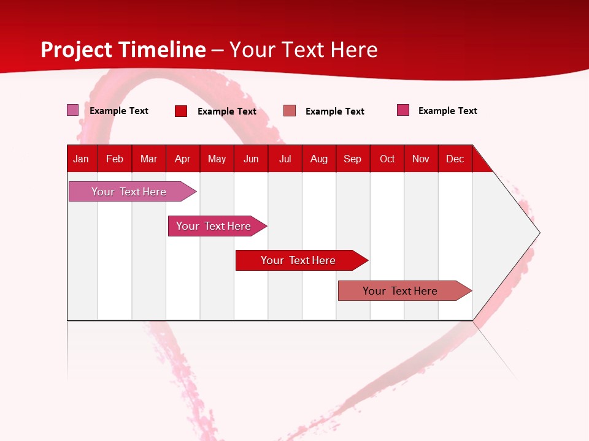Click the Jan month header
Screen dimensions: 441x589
tap(82, 159)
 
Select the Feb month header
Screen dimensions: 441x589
tap(115, 159)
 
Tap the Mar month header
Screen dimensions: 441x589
tap(148, 159)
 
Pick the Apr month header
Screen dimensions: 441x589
tap(183, 159)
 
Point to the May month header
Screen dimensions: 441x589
tap(217, 159)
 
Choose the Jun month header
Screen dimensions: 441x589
tap(251, 159)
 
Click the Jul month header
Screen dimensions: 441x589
tap(285, 159)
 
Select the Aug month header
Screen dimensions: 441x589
tap(319, 159)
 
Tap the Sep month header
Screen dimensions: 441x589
tap(353, 159)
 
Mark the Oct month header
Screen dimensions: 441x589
tap(387, 159)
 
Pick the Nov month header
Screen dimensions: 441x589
tap(421, 159)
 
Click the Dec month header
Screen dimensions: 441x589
tap(455, 159)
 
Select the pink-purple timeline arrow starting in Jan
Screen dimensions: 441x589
tap(129, 192)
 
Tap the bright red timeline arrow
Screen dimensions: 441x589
tap(299, 260)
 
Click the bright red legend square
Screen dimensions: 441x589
tap(181, 111)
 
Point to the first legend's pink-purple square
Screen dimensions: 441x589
tap(73, 110)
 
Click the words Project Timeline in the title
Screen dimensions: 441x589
tap(123, 50)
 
